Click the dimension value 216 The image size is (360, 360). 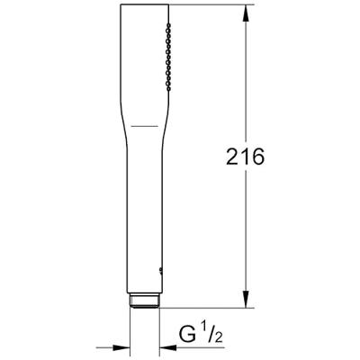(x=245, y=157)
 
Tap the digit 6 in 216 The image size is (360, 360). (x=258, y=157)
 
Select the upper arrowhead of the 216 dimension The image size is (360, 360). (x=246, y=12)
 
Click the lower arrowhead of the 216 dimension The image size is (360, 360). (x=246, y=303)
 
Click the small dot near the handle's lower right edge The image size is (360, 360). (x=161, y=267)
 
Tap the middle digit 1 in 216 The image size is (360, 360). (x=245, y=157)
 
